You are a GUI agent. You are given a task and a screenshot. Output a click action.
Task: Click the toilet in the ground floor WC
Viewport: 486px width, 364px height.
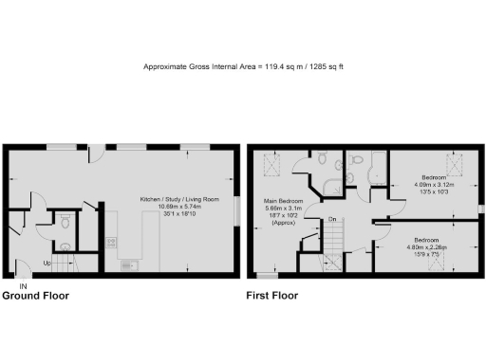tap(64, 221)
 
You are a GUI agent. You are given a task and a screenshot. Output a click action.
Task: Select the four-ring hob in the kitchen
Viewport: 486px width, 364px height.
tap(112, 241)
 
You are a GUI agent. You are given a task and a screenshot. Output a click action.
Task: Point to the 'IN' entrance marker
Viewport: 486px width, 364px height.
tap(23, 285)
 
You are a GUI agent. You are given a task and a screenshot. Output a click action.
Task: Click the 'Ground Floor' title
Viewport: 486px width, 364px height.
tap(35, 296)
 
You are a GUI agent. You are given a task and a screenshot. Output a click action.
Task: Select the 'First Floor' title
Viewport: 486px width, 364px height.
tap(272, 296)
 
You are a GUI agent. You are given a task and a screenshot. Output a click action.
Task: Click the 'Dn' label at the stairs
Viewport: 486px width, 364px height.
tap(332, 220)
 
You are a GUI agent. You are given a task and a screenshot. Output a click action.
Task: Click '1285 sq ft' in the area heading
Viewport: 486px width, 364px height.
tap(322, 66)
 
